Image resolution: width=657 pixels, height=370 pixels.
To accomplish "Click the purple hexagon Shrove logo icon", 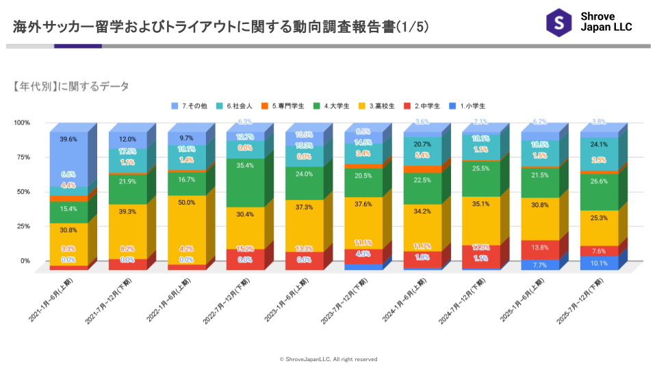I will (x=558, y=23).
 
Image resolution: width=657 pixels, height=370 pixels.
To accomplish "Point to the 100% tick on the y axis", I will (x=22, y=123).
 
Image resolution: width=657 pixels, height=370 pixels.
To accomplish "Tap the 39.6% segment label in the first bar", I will (x=68, y=139).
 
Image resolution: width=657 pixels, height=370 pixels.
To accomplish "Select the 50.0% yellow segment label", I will (x=186, y=203).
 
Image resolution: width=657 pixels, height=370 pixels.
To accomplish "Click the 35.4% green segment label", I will (x=245, y=165).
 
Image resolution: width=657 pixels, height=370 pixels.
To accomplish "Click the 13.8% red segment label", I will (x=540, y=247).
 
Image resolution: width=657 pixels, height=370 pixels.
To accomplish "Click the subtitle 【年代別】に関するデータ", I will (x=70, y=86).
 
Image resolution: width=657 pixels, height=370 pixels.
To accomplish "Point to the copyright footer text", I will (x=328, y=359).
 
